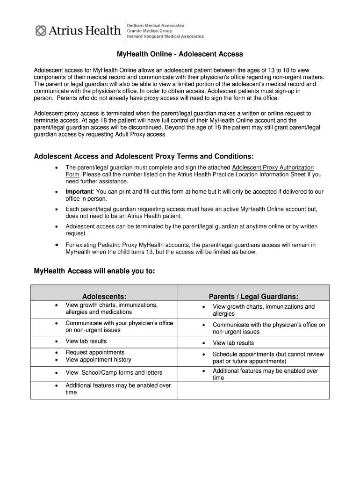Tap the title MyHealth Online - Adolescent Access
180,54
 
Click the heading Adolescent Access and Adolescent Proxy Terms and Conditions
144,156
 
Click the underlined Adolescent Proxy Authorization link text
273,167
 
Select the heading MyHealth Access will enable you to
94,271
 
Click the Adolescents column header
104,296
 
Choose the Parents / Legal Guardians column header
253,296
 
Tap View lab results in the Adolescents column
86,341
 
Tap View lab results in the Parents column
233,343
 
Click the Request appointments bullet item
95,352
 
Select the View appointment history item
98,360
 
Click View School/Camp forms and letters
114,373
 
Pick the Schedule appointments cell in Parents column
268,358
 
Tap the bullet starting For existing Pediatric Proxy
190,248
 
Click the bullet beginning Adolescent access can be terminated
191,230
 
